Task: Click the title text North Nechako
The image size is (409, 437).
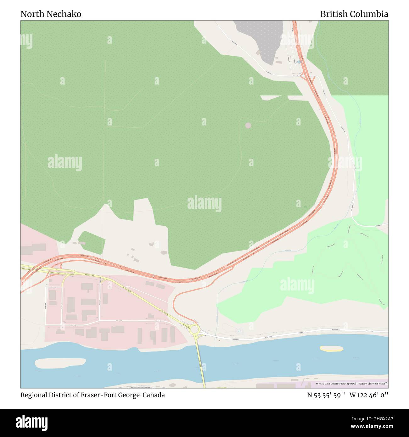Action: point(51,14)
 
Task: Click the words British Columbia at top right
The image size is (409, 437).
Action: point(354,14)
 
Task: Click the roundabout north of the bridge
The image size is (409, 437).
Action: point(194,329)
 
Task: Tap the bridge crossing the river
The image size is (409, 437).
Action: point(201,365)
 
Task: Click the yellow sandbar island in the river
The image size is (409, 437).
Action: point(331,348)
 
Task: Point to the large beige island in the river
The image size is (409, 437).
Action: point(60,363)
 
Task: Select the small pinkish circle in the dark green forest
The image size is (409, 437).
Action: point(248,125)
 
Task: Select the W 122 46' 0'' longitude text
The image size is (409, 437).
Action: point(369,395)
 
